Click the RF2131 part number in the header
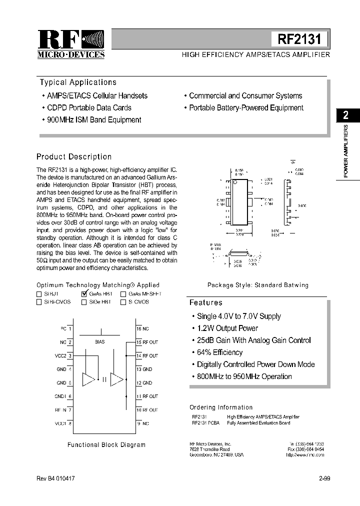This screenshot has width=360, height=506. pyautogui.click(x=299, y=39)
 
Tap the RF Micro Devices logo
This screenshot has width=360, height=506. pyautogui.click(x=71, y=44)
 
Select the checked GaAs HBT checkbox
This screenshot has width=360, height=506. pyautogui.click(x=84, y=294)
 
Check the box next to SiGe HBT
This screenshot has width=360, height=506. pyautogui.click(x=83, y=302)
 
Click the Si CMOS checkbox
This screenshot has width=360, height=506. pyautogui.click(x=123, y=302)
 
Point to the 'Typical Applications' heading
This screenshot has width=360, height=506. pyautogui.click(x=78, y=82)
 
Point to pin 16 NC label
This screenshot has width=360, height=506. pyautogui.click(x=142, y=328)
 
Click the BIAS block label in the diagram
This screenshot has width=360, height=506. pyautogui.click(x=99, y=342)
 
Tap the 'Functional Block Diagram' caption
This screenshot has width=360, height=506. pyautogui.click(x=106, y=444)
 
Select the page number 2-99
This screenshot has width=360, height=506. pyautogui.click(x=324, y=478)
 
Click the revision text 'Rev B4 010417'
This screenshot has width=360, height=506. pyautogui.click(x=55, y=478)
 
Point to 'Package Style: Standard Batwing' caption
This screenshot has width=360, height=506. pyautogui.click(x=258, y=285)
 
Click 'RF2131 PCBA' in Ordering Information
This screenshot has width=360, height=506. pyautogui.click(x=205, y=423)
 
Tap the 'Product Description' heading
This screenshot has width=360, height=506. pyautogui.click(x=74, y=157)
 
